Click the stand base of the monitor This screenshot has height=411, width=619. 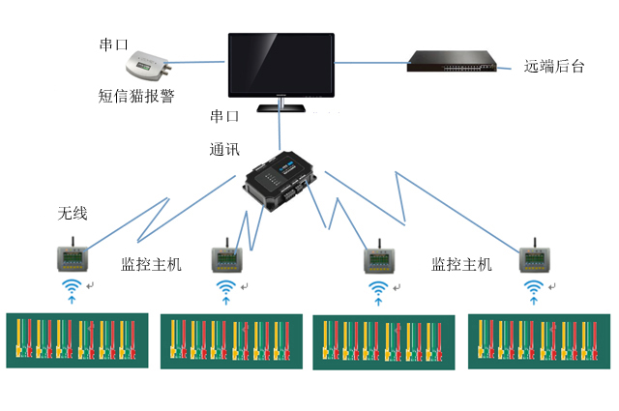[x=280, y=107]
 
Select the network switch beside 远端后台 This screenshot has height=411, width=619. [x=451, y=61]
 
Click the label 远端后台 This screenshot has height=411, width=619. [x=555, y=66]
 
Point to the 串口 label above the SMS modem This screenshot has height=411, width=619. [x=114, y=45]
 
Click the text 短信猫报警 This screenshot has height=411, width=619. [x=136, y=96]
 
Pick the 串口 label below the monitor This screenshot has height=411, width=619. [x=224, y=117]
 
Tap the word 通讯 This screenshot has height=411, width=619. [x=224, y=151]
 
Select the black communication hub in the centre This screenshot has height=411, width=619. [x=279, y=182]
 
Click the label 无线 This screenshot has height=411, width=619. [x=72, y=213]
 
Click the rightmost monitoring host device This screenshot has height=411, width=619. [x=534, y=257]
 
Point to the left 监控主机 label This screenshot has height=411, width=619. [x=150, y=264]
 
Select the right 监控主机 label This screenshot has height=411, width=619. [x=460, y=264]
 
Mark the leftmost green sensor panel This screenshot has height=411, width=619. [x=77, y=338]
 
